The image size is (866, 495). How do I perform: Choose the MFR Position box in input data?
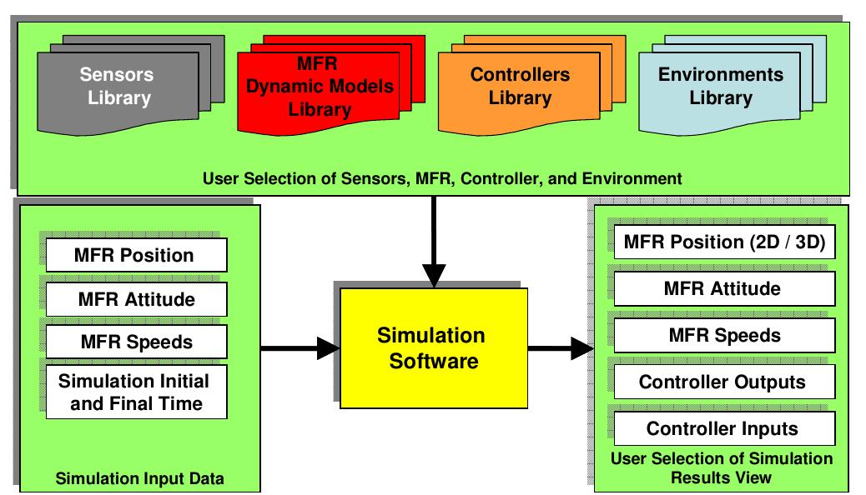135,256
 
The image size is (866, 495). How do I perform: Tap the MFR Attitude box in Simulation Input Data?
135,298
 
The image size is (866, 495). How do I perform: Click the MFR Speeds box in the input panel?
135,341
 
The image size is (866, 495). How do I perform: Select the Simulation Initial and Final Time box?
135,392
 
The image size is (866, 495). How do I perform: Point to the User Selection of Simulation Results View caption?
722,468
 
